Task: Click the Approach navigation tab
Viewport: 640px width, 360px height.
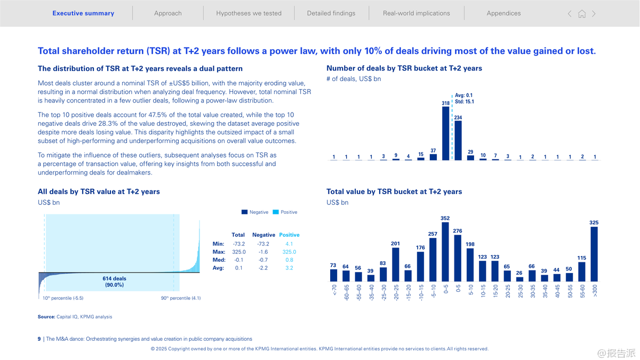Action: pyautogui.click(x=167, y=13)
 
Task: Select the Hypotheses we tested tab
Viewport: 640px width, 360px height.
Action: pyautogui.click(x=249, y=13)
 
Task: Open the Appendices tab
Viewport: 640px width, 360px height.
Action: pyautogui.click(x=503, y=13)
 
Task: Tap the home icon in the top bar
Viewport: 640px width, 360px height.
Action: pyautogui.click(x=582, y=14)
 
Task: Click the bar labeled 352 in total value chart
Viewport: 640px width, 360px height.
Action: pyautogui.click(x=445, y=252)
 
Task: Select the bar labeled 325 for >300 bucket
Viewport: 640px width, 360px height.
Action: pyautogui.click(x=594, y=254)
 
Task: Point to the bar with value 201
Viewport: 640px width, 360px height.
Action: pyautogui.click(x=396, y=264)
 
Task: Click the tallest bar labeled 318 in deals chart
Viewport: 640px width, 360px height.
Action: pyautogui.click(x=446, y=133)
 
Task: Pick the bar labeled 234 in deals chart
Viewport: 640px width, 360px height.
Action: pyautogui.click(x=458, y=140)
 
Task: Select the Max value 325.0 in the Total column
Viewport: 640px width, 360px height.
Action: pyautogui.click(x=239, y=252)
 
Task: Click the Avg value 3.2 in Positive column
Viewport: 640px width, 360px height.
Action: pyautogui.click(x=289, y=268)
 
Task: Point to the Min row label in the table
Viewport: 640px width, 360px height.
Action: pyautogui.click(x=218, y=244)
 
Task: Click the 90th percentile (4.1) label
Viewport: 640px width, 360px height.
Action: pyautogui.click(x=181, y=299)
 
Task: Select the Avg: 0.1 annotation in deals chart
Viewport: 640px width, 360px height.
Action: pyautogui.click(x=463, y=95)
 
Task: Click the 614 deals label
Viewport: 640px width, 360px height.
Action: pyautogui.click(x=114, y=278)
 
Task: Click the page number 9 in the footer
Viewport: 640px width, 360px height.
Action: pyautogui.click(x=39, y=339)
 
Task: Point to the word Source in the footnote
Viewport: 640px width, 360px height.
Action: pyautogui.click(x=46, y=317)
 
